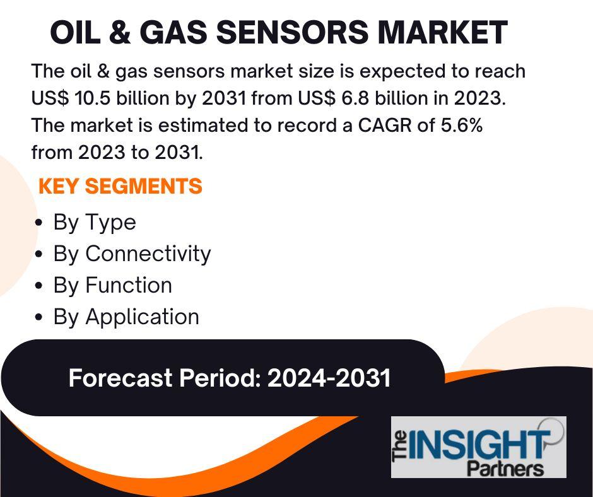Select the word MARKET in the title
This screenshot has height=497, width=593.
[442, 32]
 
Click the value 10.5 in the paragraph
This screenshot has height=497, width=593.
[93, 98]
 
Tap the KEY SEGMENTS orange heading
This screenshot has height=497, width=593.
[120, 186]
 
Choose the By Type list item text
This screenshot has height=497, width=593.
[95, 223]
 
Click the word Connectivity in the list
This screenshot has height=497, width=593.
[148, 254]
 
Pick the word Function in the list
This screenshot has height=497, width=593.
[129, 285]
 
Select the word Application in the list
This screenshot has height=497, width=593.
[142, 318]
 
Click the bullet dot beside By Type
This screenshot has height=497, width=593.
[38, 223]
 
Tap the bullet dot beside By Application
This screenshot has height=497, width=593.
[38, 317]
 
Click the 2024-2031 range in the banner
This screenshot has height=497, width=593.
[329, 378]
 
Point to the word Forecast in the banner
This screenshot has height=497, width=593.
[120, 378]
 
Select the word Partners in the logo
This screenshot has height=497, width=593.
[506, 469]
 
